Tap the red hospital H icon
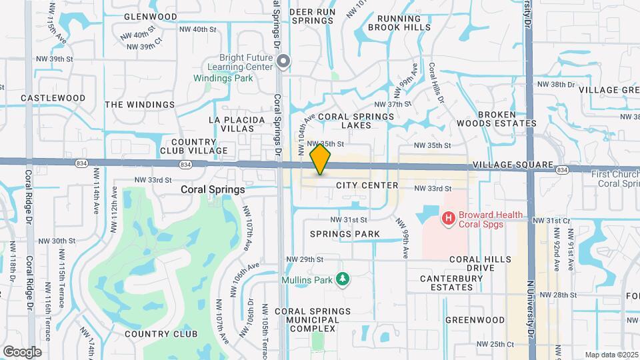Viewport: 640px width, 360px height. pyautogui.click(x=449, y=218)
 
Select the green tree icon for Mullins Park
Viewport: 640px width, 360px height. pyautogui.click(x=343, y=279)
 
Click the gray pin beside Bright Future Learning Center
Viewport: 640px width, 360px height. pyautogui.click(x=283, y=62)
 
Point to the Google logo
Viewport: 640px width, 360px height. pyautogui.click(x=22, y=351)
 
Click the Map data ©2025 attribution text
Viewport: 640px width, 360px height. pyautogui.click(x=611, y=355)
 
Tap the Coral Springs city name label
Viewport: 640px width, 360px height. pyautogui.click(x=213, y=189)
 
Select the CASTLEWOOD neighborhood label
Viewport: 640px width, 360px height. pyautogui.click(x=53, y=98)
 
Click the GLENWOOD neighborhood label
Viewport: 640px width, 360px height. pyautogui.click(x=150, y=17)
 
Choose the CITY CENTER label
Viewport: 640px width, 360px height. pyautogui.click(x=367, y=185)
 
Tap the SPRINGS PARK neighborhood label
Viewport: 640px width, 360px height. pyautogui.click(x=345, y=234)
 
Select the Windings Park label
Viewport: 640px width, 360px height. pyautogui.click(x=223, y=78)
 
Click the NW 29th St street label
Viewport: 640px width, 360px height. pyautogui.click(x=305, y=259)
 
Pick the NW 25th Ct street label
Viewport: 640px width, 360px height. pyautogui.click(x=495, y=344)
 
